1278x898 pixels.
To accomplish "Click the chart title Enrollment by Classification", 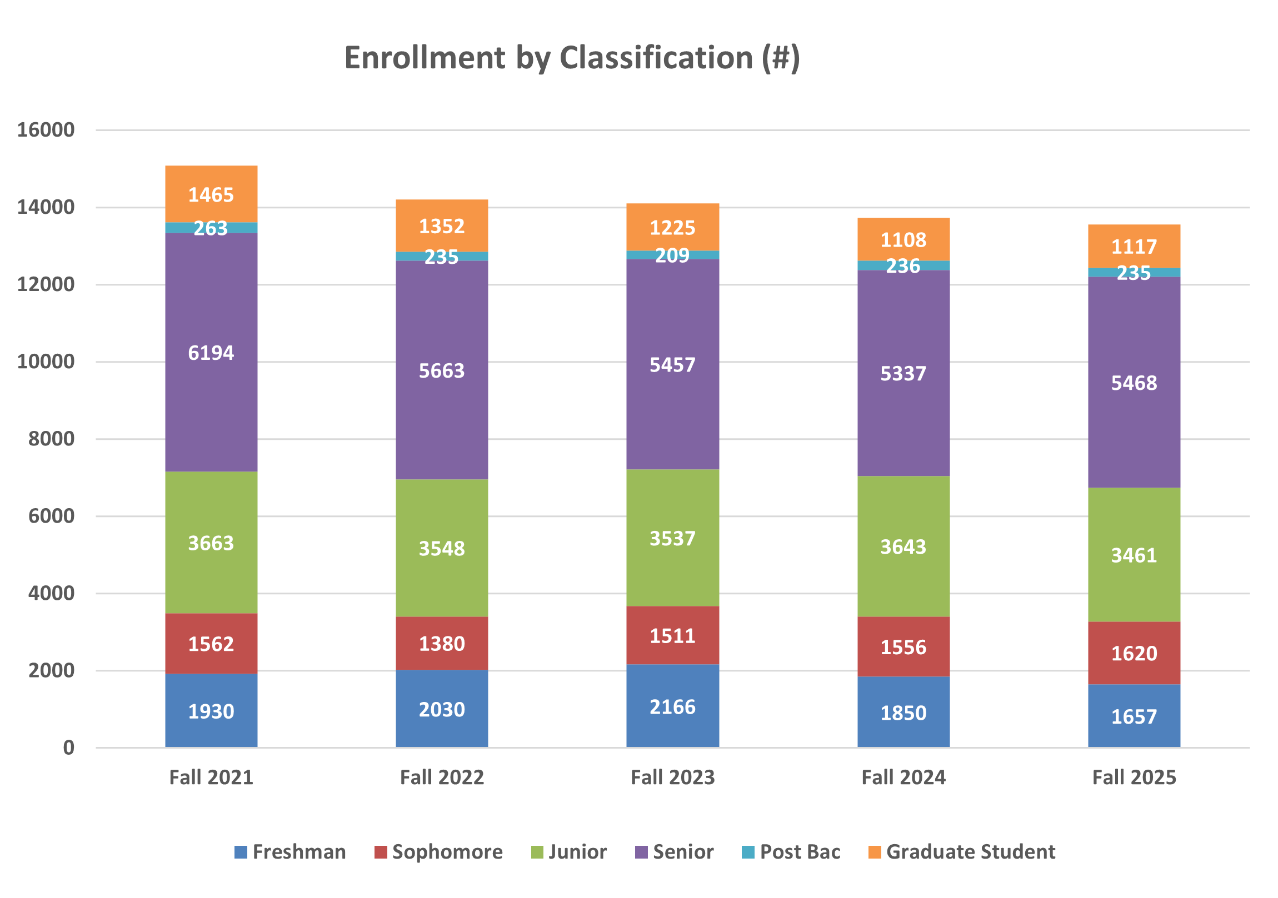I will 572,58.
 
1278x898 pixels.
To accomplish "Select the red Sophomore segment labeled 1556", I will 903,646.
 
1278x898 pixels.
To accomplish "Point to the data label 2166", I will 672,706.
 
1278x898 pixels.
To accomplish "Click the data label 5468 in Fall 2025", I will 1134,383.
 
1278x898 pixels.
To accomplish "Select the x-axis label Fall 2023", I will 672,777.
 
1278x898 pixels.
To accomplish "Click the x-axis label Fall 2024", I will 903,777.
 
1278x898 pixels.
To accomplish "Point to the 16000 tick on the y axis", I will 46,129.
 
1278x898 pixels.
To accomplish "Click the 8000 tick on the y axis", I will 51,438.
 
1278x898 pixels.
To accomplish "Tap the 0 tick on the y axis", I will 68,748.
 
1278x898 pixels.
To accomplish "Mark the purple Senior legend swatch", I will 641,852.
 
